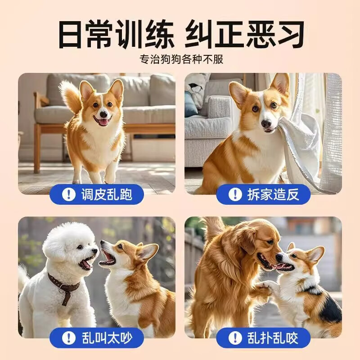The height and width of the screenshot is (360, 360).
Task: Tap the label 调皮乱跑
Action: click(106, 194)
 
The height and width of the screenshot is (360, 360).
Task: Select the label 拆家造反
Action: click(272, 194)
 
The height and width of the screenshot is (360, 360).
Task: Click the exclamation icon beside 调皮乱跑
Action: click(69, 194)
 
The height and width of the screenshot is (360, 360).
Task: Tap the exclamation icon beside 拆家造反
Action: click(234, 194)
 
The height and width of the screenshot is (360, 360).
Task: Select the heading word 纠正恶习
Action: click(245, 34)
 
